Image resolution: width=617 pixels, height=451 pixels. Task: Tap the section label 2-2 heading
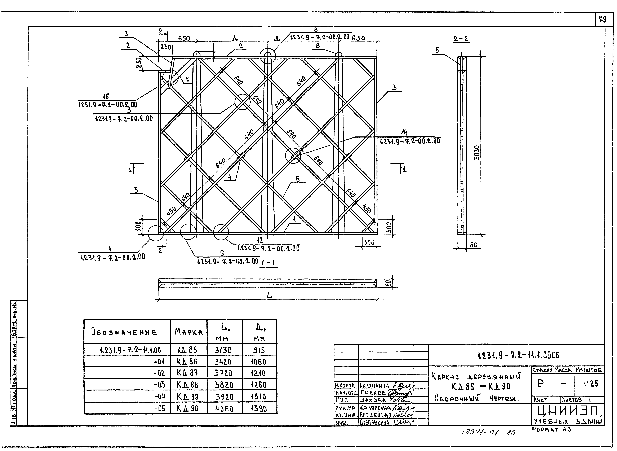[x=461, y=39]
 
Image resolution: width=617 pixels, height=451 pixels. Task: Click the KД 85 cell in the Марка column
[x=188, y=350]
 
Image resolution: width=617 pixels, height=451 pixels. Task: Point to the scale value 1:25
[x=591, y=384]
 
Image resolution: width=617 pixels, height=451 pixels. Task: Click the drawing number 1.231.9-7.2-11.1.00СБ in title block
[x=519, y=355]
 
